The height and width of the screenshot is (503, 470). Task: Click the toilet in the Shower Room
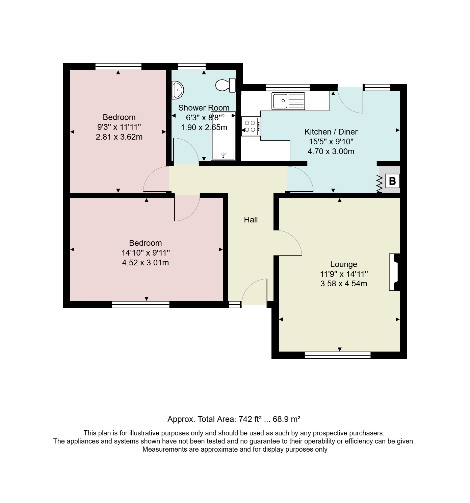pyautogui.click(x=225, y=85)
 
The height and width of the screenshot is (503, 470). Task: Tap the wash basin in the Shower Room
pyautogui.click(x=177, y=90)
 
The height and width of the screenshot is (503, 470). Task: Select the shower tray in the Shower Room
pyautogui.click(x=223, y=136)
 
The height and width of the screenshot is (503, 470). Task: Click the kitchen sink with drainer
pyautogui.click(x=288, y=101)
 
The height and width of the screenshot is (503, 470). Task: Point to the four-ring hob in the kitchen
pyautogui.click(x=251, y=126)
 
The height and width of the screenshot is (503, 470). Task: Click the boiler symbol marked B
pyautogui.click(x=392, y=181)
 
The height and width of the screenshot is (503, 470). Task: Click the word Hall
pyautogui.click(x=251, y=220)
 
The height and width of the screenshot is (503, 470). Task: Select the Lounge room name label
pyautogui.click(x=343, y=264)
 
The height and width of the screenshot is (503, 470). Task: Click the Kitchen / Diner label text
pyautogui.click(x=331, y=132)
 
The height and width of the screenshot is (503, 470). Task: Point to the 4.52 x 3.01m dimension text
pyautogui.click(x=145, y=263)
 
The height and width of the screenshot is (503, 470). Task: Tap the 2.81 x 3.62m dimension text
pyautogui.click(x=119, y=137)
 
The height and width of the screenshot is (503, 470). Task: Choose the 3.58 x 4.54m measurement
pyautogui.click(x=343, y=283)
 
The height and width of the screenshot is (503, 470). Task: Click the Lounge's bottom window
pyautogui.click(x=337, y=355)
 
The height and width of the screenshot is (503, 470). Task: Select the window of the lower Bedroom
pyautogui.click(x=140, y=305)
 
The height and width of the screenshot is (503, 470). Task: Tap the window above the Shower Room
pyautogui.click(x=191, y=66)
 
